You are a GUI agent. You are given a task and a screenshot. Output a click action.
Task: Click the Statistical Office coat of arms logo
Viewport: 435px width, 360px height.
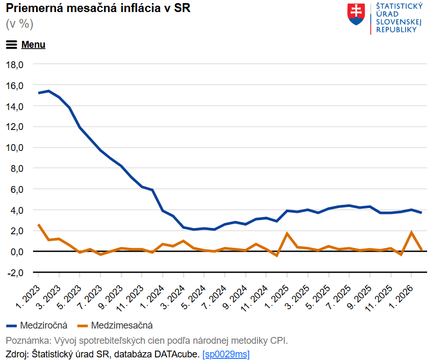point(356,14)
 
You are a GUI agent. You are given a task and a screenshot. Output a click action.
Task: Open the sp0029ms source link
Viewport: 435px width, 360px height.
point(226,354)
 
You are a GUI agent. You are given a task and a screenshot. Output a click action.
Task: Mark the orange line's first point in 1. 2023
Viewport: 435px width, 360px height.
point(38,224)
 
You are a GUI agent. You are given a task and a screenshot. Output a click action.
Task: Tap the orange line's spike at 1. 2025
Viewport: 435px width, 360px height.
point(287,233)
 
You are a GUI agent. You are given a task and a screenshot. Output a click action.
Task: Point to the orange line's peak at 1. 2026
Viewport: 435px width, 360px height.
point(411,232)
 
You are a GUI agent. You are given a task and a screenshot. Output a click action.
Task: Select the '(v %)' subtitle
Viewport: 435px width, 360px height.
point(19,24)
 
